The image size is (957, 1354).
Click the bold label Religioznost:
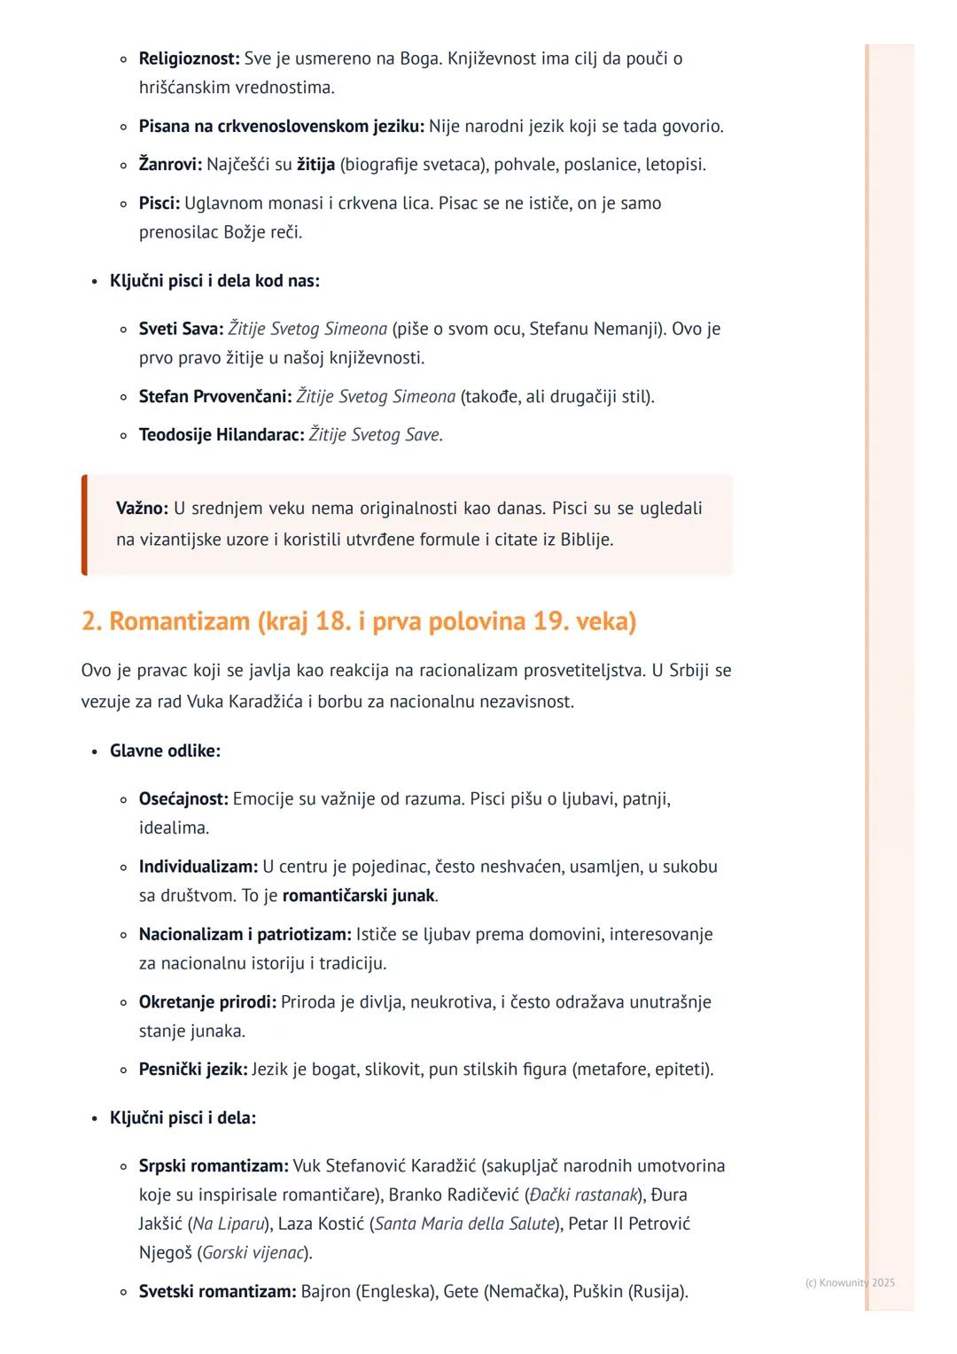189,58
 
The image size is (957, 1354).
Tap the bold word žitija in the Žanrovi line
315,165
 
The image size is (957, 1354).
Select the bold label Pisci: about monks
159,204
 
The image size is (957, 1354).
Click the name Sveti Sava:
181,329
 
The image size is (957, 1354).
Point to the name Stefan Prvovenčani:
215,396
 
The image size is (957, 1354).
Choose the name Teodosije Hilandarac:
222,435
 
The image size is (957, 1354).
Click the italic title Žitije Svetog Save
375,435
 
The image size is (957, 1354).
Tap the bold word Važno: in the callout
142,509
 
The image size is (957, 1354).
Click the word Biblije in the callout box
586,539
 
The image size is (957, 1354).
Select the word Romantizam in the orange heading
179,621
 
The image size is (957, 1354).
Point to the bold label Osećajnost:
183,799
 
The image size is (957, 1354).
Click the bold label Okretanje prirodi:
207,1002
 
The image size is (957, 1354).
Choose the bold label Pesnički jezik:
192,1070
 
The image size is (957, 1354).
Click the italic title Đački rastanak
583,1195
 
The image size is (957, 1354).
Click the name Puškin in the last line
598,1292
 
